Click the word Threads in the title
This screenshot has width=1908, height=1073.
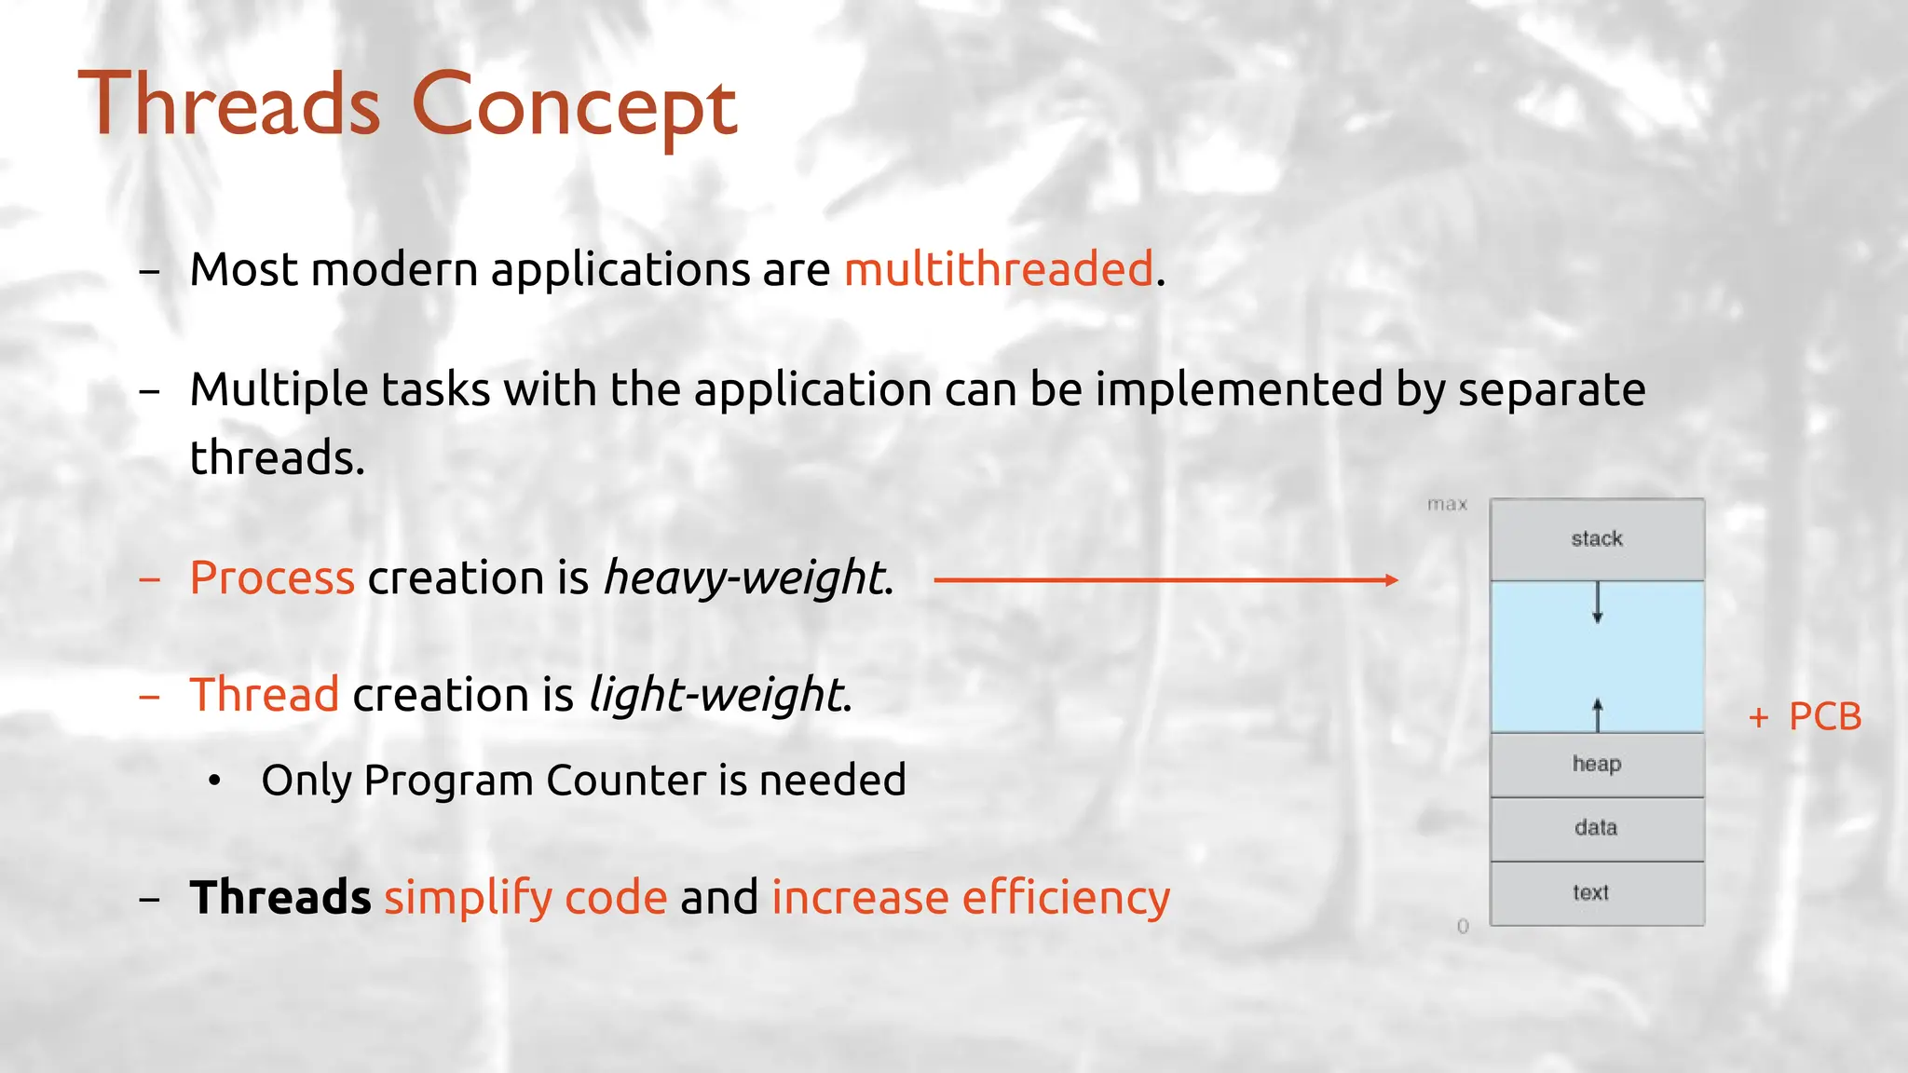tap(229, 105)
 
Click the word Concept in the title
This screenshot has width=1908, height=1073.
tap(574, 108)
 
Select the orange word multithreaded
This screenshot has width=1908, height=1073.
tap(999, 270)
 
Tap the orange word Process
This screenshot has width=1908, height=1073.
tap(272, 578)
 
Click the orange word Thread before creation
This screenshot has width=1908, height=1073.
tap(265, 695)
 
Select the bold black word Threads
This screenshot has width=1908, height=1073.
tap(280, 897)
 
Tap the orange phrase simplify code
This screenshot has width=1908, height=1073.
tap(525, 898)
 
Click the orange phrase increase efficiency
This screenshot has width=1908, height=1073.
tap(970, 898)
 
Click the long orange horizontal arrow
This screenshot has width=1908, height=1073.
tap(1165, 580)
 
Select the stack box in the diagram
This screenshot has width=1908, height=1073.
tap(1597, 539)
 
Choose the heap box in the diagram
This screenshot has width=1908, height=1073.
tap(1597, 765)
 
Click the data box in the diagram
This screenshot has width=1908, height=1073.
tap(1597, 828)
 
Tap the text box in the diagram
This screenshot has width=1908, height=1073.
tap(1597, 893)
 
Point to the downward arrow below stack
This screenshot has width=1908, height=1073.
tap(1598, 603)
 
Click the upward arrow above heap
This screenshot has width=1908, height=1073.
tap(1598, 714)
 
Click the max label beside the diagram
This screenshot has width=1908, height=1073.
tap(1447, 505)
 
